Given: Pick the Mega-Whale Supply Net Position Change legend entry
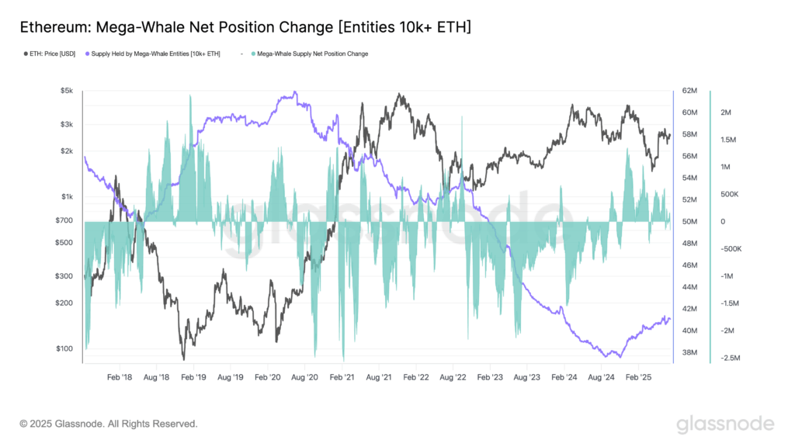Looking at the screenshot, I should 311,54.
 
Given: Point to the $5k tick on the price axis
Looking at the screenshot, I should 66,91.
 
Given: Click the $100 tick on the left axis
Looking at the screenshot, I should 64,348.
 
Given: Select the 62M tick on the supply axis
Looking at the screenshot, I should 689,91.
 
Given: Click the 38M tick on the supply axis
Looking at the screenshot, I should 689,352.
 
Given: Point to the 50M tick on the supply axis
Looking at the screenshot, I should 689,222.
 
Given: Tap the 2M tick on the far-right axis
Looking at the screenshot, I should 727,113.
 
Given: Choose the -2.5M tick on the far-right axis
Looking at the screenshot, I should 731,358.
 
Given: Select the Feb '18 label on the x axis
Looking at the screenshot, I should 120,377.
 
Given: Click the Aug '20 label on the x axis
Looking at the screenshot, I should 304,377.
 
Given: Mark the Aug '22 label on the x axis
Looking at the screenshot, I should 452,377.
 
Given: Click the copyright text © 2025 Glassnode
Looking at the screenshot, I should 109,424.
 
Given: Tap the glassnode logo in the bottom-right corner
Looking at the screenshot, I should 725,424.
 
